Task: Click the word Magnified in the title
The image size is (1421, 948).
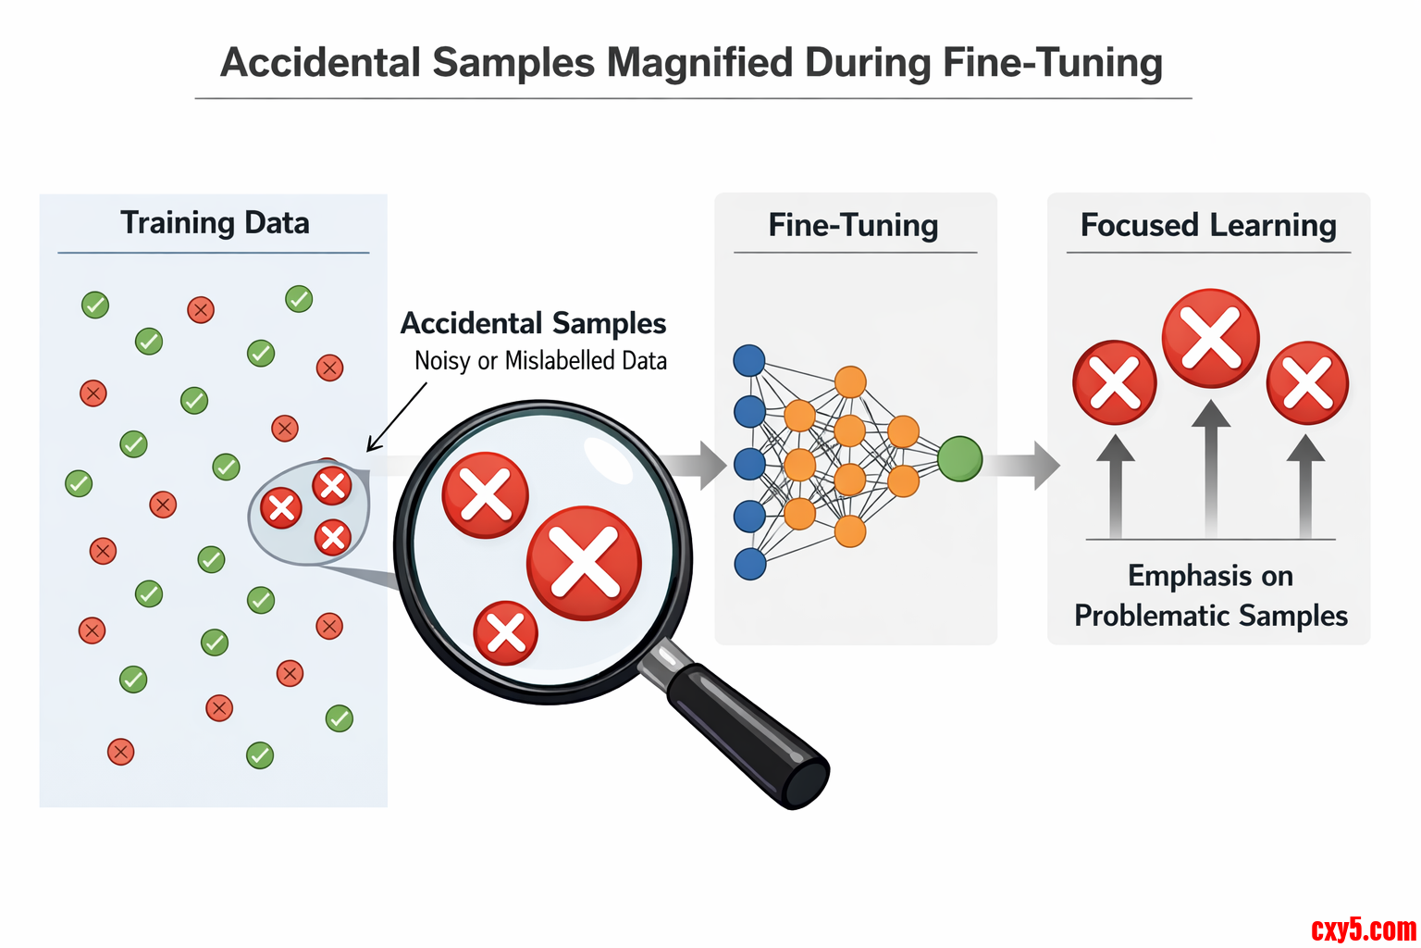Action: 700,63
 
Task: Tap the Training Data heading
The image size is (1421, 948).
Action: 215,223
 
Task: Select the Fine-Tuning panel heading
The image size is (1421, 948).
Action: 853,225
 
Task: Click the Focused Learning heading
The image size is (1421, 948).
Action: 1208,225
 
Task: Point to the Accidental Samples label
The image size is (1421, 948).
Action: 533,323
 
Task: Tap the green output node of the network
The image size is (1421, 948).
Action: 959,459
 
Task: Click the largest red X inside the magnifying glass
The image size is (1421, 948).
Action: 584,562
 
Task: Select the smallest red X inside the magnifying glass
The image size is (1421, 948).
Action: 505,633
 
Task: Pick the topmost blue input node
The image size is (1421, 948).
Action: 749,360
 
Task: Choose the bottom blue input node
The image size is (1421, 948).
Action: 749,564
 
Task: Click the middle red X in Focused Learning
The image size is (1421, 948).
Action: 1210,338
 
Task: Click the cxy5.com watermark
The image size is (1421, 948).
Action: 1364,929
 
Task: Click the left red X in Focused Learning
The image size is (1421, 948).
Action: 1115,382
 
